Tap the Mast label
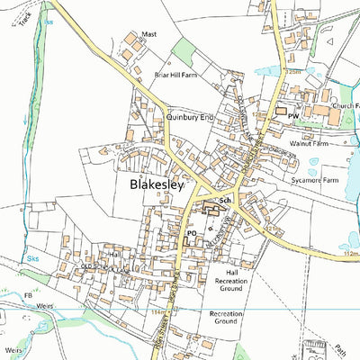tap(149, 32)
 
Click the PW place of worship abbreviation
tap(292, 117)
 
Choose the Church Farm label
tap(345, 106)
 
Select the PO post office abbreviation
tap(192, 232)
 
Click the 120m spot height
tap(291, 71)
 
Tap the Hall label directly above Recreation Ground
tap(232, 272)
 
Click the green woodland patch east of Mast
tap(183, 51)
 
